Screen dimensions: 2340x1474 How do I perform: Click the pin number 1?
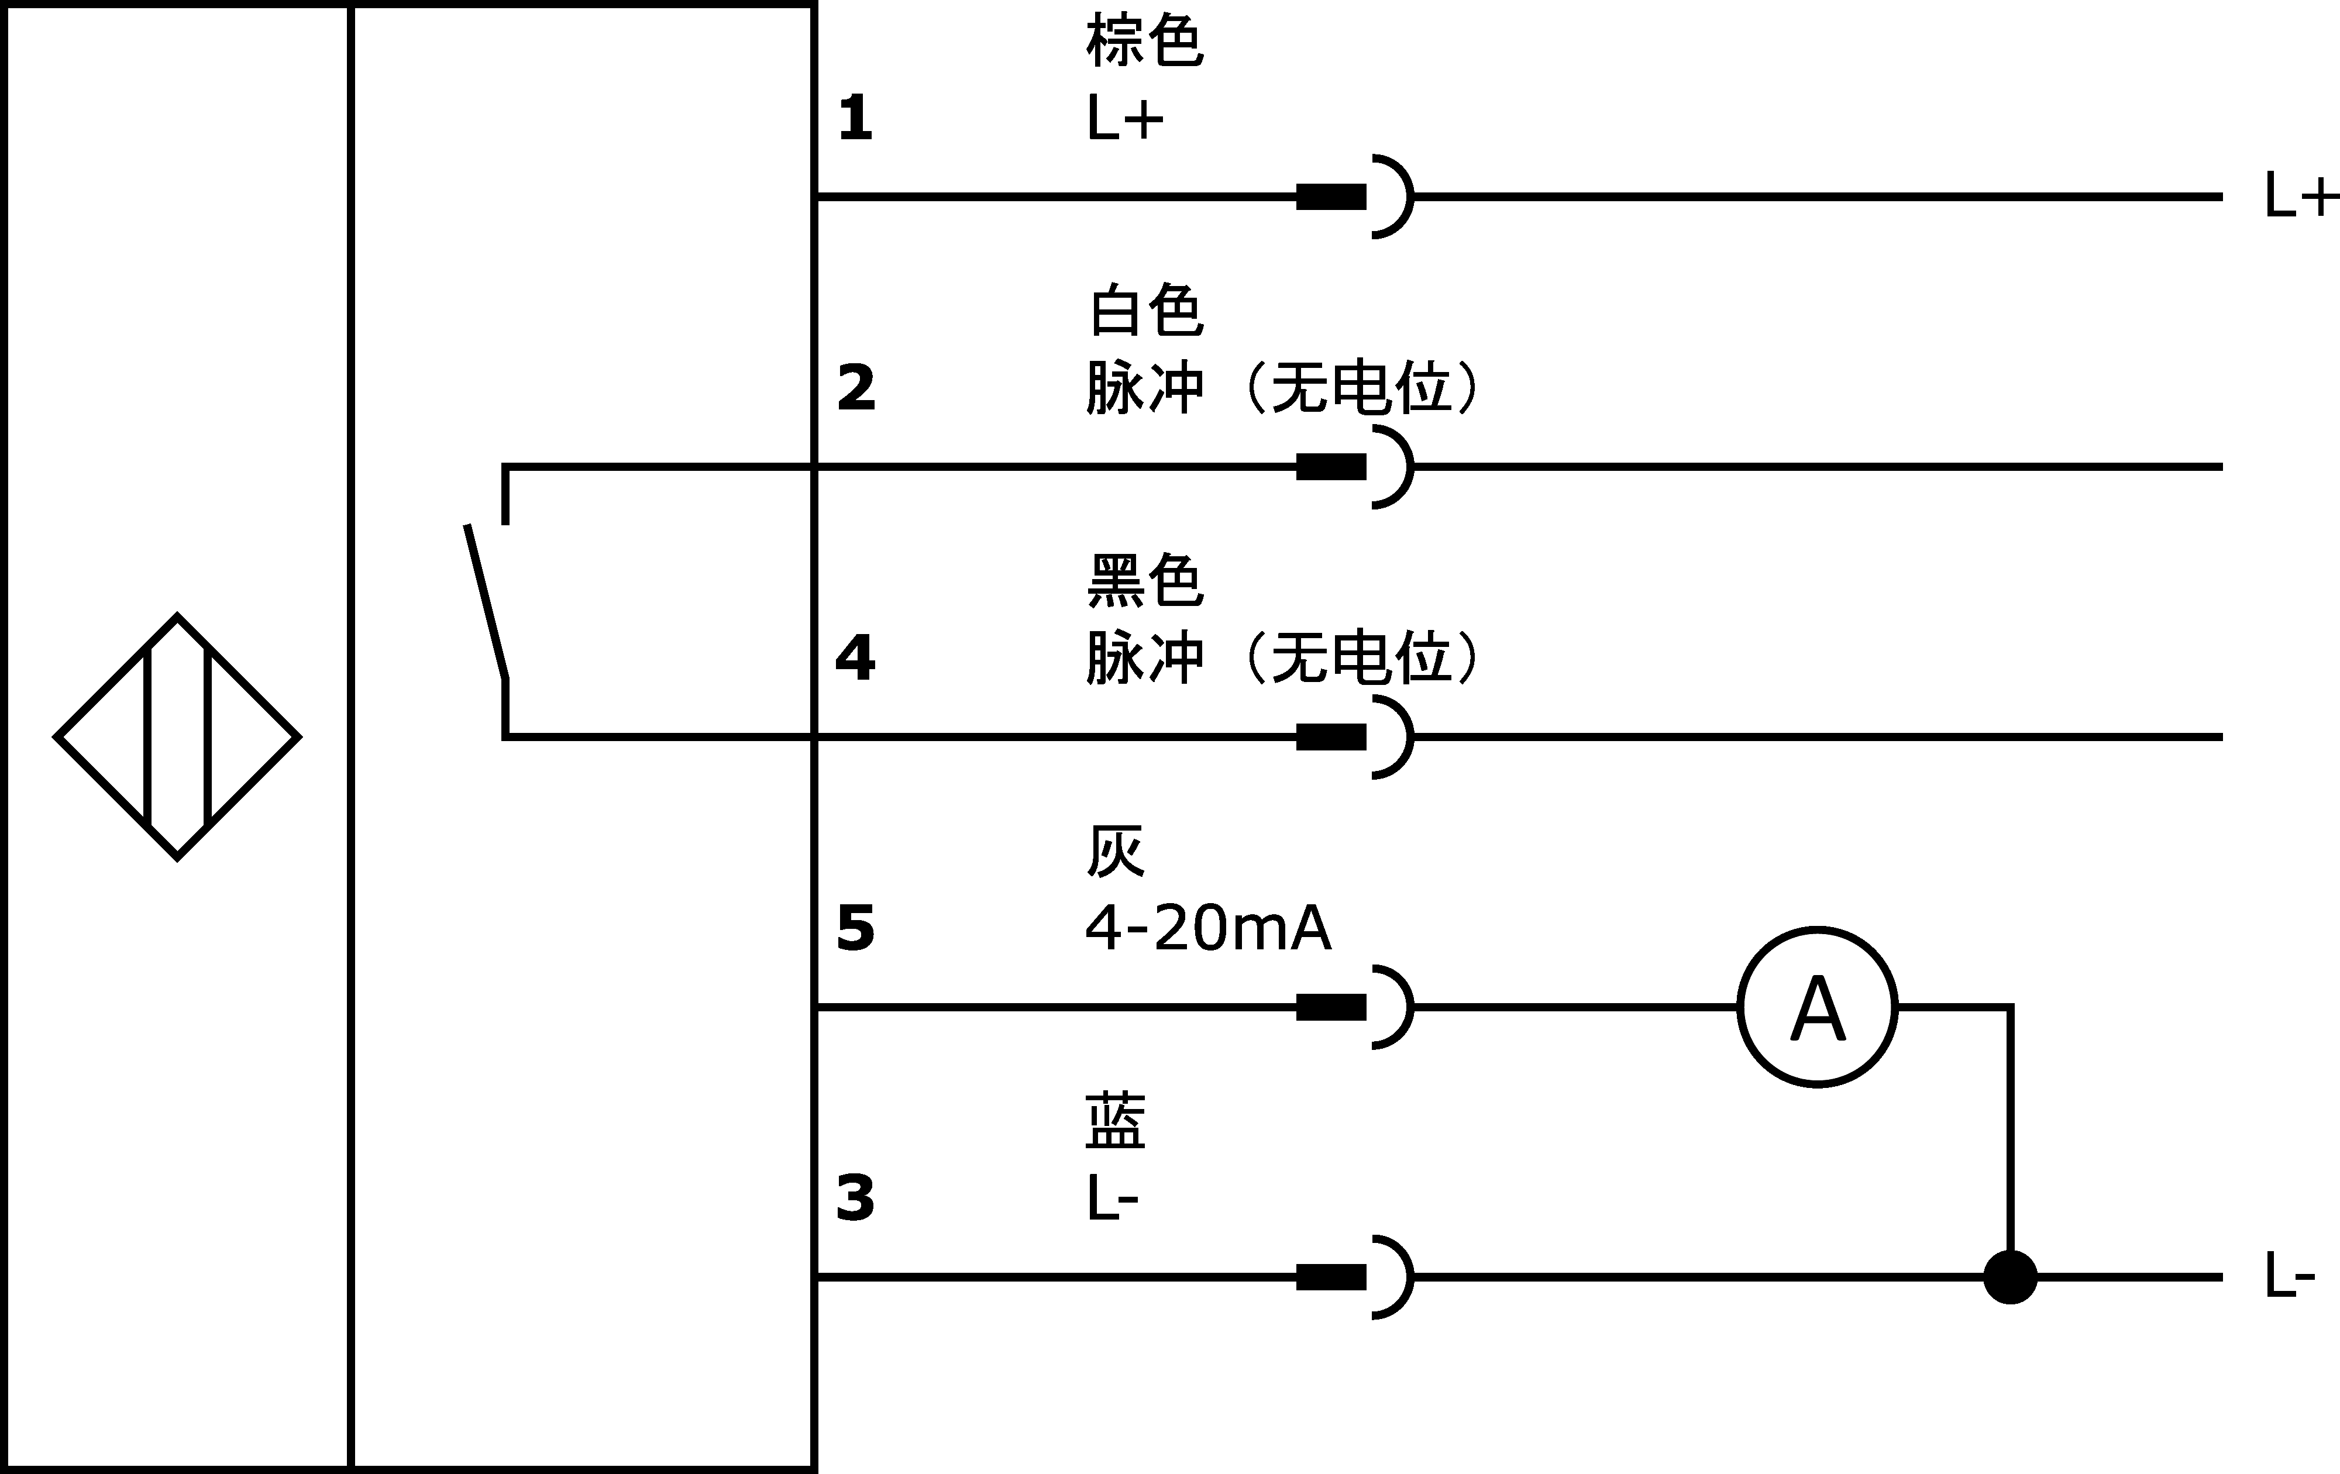coord(855,119)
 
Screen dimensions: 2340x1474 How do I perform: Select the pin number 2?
coord(856,388)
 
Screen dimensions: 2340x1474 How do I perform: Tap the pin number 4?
coord(855,659)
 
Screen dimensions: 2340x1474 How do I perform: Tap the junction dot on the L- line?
coord(2009,1277)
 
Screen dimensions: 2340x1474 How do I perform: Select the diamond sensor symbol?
coord(177,736)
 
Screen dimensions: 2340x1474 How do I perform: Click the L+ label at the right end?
coord(2299,197)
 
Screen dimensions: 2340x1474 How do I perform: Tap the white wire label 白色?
coord(1145,311)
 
